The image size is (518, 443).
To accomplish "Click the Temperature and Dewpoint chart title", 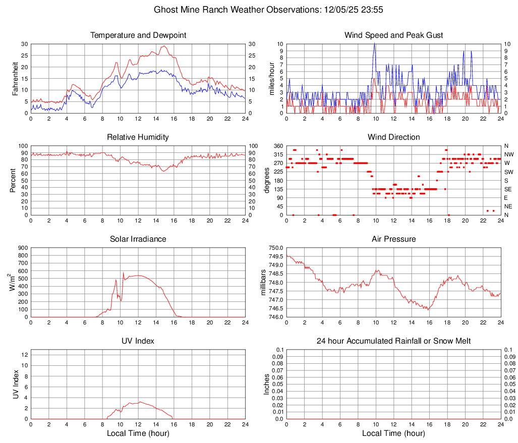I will point(138,35).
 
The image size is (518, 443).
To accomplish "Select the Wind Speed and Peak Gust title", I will point(393,35).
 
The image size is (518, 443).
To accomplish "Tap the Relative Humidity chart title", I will point(138,137).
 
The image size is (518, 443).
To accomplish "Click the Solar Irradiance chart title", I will point(138,239).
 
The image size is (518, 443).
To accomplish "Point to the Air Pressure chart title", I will point(393,239).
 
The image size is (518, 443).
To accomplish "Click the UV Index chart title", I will point(138,341).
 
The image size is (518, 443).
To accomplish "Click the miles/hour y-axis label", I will point(272,78).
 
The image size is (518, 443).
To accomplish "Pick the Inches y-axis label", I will point(267,384).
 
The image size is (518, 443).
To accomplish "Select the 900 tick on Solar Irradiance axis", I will point(22,248).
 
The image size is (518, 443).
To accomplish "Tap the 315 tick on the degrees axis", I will point(277,154).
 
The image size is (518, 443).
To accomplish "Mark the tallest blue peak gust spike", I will point(374,44).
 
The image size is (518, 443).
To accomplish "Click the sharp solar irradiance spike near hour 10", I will point(123,273).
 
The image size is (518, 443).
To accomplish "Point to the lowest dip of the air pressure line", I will point(428,309).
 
